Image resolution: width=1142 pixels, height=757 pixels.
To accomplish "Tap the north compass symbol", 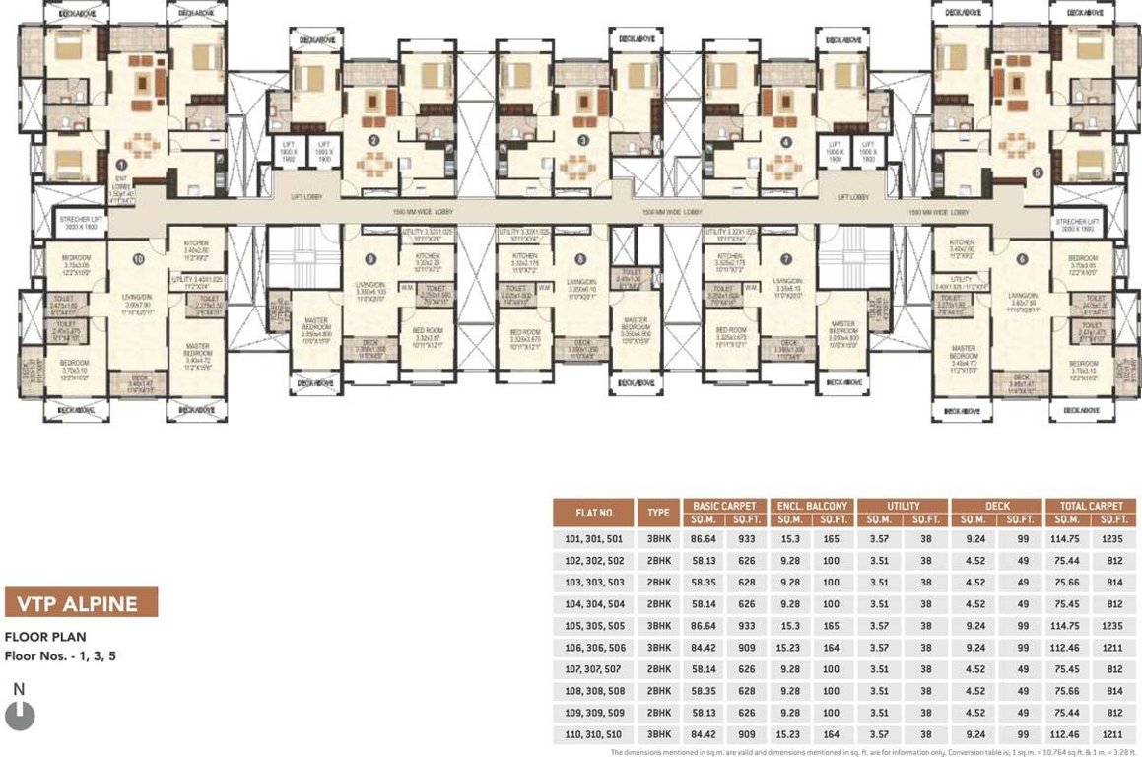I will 20,714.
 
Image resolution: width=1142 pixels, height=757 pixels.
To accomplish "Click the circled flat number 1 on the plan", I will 121,166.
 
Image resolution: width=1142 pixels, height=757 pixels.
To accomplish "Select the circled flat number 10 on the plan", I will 139,259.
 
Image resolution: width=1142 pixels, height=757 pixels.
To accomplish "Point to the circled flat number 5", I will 1036,171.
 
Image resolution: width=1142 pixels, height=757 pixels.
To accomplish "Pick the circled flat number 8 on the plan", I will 579,259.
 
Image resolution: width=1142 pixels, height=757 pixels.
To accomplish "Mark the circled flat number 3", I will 583,141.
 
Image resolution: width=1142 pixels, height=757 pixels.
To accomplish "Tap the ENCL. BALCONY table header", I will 811,506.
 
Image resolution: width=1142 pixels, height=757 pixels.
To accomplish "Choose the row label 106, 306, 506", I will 594,648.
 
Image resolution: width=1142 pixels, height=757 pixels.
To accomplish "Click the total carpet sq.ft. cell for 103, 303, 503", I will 1112,583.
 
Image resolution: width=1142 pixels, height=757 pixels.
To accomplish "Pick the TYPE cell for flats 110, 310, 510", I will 658,734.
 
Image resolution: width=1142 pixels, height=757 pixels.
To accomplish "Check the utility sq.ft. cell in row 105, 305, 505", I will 926,626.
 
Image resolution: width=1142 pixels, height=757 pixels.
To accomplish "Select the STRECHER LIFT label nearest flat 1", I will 82,224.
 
